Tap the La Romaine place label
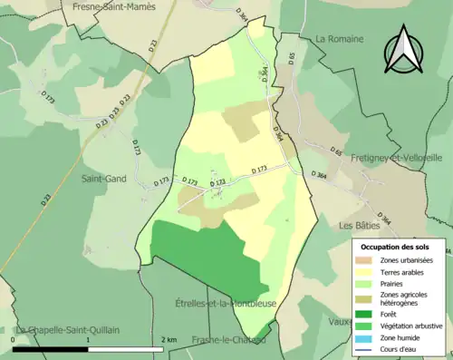point(339,39)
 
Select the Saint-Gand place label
point(104,179)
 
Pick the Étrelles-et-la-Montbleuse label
point(221,303)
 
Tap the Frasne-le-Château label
point(228,340)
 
